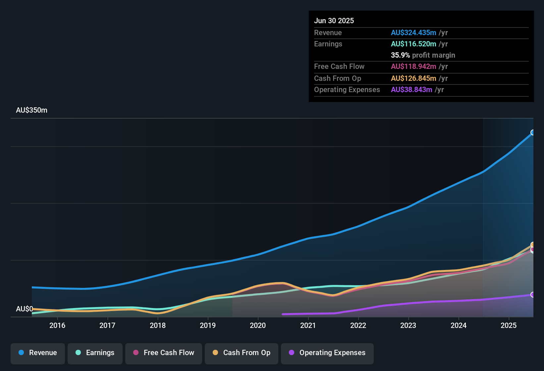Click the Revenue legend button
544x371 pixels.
pos(38,353)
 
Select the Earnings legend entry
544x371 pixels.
pos(95,353)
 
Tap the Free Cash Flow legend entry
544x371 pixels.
pos(164,353)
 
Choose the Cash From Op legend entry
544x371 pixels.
pos(242,353)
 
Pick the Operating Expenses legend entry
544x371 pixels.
pos(327,353)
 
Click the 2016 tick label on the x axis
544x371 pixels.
pos(57,326)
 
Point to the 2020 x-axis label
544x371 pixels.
pos(258,326)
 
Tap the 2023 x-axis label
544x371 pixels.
pos(408,326)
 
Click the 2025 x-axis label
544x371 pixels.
pos(509,326)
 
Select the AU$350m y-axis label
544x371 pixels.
pos(31,110)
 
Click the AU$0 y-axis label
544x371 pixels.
pos(24,309)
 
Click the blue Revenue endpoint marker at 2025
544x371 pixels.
pos(533,132)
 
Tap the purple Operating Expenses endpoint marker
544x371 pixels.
pos(533,294)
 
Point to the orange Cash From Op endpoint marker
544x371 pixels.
pos(533,245)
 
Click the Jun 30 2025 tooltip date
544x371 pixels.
pos(334,21)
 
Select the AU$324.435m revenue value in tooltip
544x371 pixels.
pos(413,33)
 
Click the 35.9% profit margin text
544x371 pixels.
pos(423,55)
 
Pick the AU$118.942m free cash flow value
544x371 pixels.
pos(413,67)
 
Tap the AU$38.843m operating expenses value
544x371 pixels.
pos(411,90)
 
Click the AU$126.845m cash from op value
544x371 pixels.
pos(413,79)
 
